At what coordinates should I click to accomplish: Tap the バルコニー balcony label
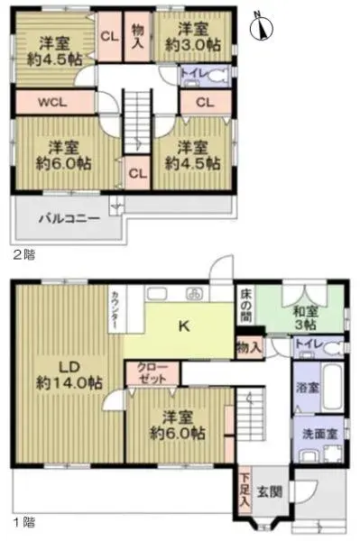(69, 219)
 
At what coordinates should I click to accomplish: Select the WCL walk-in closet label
(51, 102)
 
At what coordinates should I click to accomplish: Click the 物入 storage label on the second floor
(137, 35)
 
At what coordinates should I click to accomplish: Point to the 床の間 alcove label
(247, 306)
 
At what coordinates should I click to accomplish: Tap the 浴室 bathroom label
(306, 388)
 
